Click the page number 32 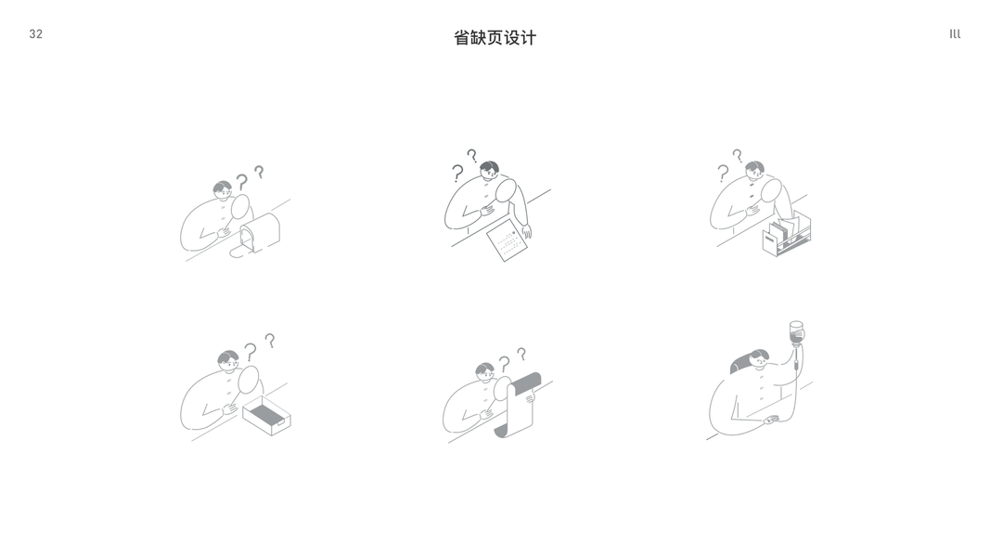pos(36,34)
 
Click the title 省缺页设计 pos(495,38)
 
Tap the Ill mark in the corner pos(955,34)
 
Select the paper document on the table pos(507,240)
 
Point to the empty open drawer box pos(266,416)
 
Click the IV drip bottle pos(797,333)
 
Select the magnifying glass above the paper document pos(507,190)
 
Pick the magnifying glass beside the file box pos(771,190)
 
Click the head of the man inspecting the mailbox pos(223,189)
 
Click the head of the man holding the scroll pos(485,372)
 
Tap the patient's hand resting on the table pos(772,420)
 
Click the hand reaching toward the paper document pos(527,231)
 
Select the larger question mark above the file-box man pos(723,173)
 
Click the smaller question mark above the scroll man pos(521,354)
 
